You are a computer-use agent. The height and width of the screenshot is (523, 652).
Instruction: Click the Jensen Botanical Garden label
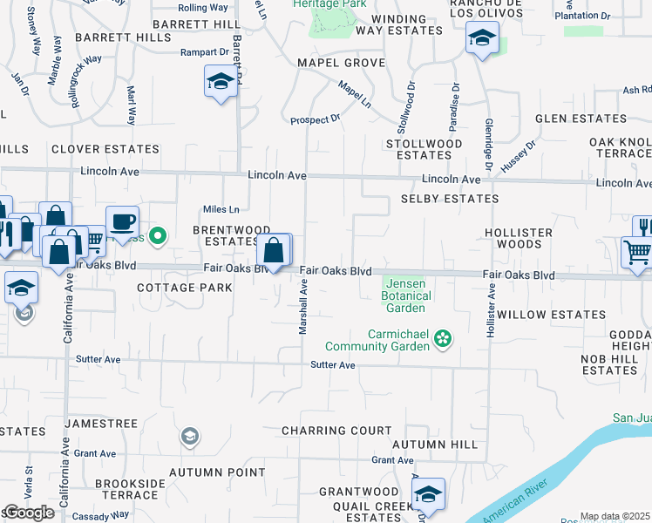(x=406, y=295)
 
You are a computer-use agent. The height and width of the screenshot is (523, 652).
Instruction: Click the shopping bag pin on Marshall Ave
(x=274, y=250)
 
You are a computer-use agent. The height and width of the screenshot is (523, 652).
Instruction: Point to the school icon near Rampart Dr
(x=221, y=82)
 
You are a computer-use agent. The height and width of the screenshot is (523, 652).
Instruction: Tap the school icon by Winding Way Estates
(x=481, y=37)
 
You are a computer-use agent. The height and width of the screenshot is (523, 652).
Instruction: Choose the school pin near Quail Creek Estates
(x=428, y=493)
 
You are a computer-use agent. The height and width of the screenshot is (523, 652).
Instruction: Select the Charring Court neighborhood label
(x=336, y=431)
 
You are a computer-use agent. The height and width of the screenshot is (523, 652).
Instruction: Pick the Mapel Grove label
(x=341, y=64)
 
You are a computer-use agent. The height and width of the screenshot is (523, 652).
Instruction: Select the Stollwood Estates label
(x=424, y=149)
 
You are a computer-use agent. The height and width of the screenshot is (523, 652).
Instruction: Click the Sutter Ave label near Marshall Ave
(x=333, y=365)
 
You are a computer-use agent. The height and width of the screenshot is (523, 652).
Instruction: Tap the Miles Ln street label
(x=221, y=209)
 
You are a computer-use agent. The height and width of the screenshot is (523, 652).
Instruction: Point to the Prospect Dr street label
(x=315, y=119)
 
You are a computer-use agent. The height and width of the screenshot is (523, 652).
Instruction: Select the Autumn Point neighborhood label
(x=217, y=472)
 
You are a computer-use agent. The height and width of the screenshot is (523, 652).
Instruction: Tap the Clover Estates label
(x=105, y=149)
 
